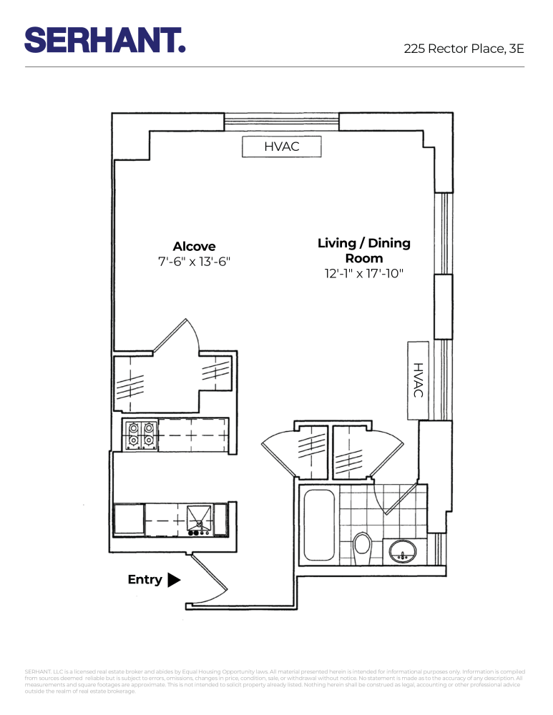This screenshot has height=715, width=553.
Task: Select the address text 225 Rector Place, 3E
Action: (x=464, y=49)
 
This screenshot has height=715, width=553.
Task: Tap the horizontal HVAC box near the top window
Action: (x=281, y=147)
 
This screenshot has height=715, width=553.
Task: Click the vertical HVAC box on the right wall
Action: (x=418, y=380)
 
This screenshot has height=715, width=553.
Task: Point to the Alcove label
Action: (x=194, y=247)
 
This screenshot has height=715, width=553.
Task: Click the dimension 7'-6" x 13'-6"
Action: (x=194, y=262)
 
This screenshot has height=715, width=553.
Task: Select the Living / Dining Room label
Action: (x=364, y=250)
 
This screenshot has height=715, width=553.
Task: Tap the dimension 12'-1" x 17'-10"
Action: (x=364, y=273)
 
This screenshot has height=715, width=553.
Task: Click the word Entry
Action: (x=145, y=580)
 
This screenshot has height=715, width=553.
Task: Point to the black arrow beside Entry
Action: (x=174, y=580)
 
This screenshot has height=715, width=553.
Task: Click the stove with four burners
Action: (x=141, y=435)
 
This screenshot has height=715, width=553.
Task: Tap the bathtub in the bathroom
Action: (x=318, y=526)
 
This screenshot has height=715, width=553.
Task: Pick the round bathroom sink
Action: (x=403, y=551)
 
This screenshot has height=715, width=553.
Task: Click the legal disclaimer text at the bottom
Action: (x=276, y=681)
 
